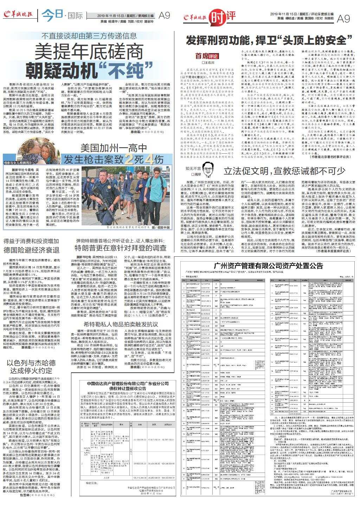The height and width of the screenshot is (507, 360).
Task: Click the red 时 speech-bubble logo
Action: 216,17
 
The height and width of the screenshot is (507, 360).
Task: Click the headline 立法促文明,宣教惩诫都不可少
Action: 284,171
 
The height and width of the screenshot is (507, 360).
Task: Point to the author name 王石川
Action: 208,63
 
